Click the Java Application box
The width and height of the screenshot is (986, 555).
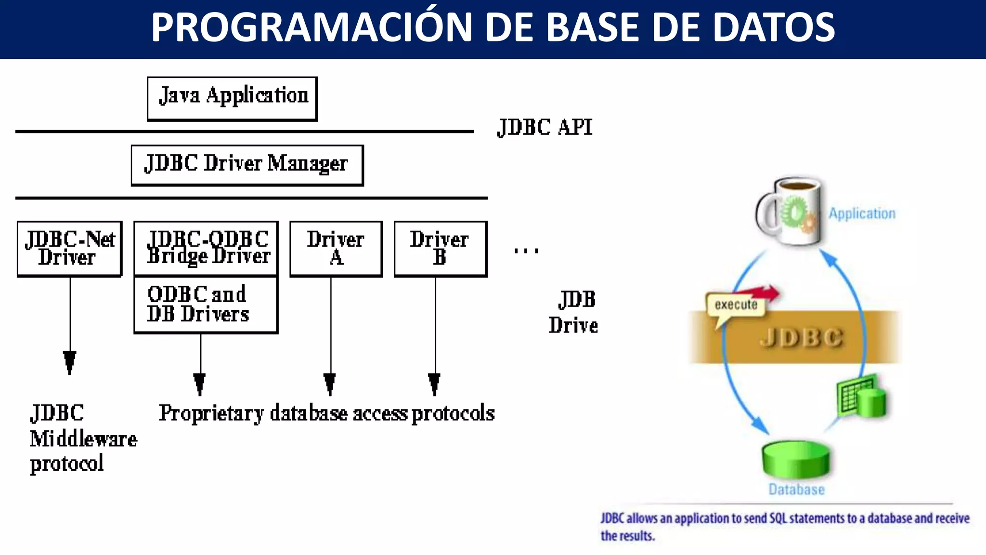pyautogui.click(x=233, y=98)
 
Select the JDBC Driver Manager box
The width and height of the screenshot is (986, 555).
pyautogui.click(x=247, y=165)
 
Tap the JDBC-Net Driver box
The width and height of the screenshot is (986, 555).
pyautogui.click(x=69, y=249)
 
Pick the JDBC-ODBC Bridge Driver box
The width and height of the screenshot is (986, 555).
pyautogui.click(x=206, y=248)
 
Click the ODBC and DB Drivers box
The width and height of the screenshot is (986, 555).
pyautogui.click(x=206, y=304)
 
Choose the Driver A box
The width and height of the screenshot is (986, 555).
pyautogui.click(x=336, y=249)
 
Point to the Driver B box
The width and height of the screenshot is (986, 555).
pyautogui.click(x=441, y=249)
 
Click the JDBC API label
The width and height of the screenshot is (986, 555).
pyautogui.click(x=545, y=128)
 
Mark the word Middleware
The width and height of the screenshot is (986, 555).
pyautogui.click(x=83, y=439)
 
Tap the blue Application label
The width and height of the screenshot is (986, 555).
pyautogui.click(x=862, y=213)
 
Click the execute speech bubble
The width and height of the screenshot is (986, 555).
pyautogui.click(x=735, y=305)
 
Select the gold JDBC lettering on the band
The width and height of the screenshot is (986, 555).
pyautogui.click(x=801, y=337)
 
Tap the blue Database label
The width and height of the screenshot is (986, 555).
pyautogui.click(x=796, y=489)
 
